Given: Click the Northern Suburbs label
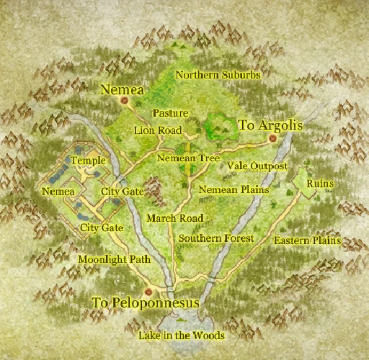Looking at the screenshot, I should tap(218, 74).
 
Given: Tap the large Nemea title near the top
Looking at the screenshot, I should tap(123, 90).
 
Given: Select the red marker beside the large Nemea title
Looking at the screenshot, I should tap(124, 102).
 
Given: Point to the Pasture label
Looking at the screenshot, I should tap(170, 114).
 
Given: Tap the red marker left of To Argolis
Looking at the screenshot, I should tap(234, 125).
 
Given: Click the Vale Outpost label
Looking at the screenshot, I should tap(257, 166).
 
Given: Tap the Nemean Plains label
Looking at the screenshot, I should tap(234, 189).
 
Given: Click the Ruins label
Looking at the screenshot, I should tap(320, 184).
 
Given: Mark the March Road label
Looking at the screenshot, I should tap(174, 217).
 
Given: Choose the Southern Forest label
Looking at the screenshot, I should tap(217, 238).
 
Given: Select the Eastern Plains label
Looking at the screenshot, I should tap(307, 240).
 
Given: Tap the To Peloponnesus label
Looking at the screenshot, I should tap(146, 303).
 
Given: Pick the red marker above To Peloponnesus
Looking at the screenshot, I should tap(148, 292).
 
